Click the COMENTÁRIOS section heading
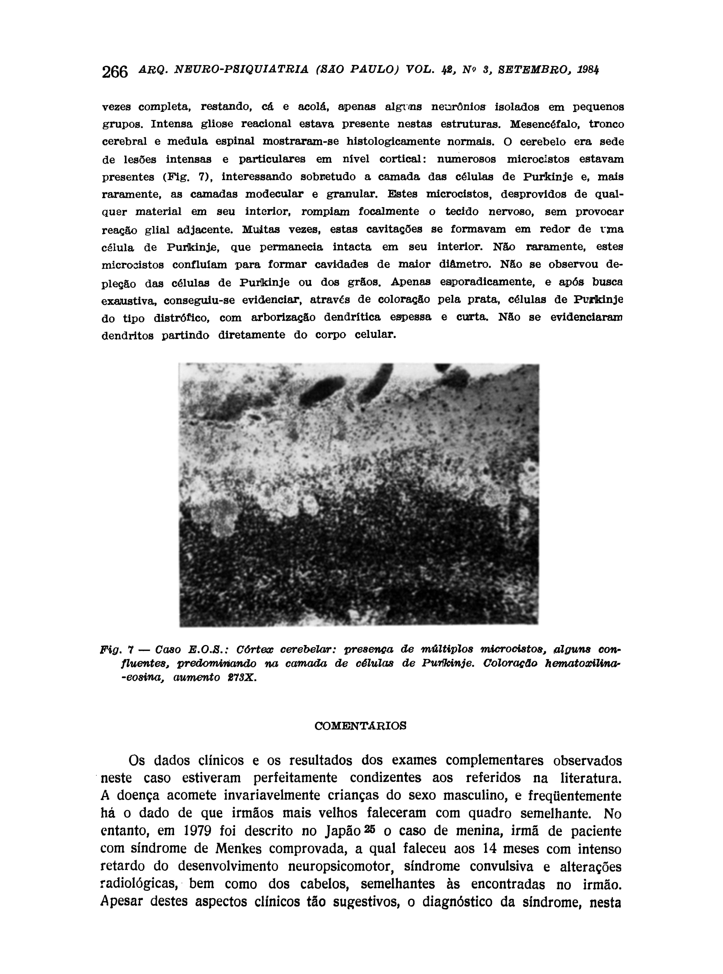click(x=361, y=726)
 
